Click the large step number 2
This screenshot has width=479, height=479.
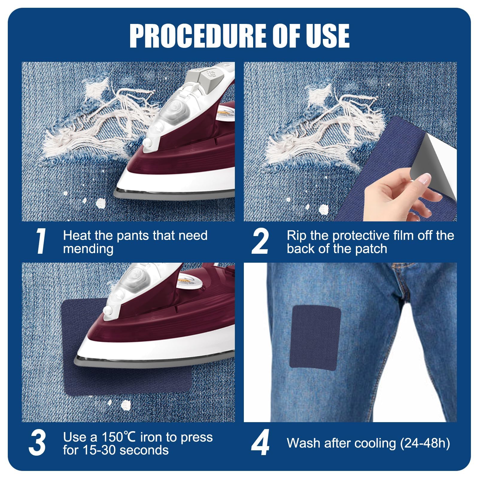pyautogui.click(x=260, y=241)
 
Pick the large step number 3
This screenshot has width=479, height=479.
pyautogui.click(x=37, y=443)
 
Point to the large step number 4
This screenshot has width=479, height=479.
pyautogui.click(x=260, y=443)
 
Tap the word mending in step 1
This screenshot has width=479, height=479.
pyautogui.click(x=88, y=249)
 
